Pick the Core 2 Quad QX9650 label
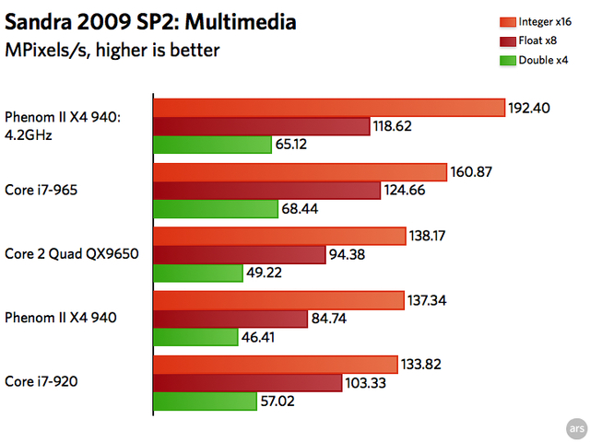tap(71, 252)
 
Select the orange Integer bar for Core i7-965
tap(300, 172)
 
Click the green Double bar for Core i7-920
tap(205, 401)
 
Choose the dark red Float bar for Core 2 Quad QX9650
tap(239, 254)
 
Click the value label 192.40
tap(529, 108)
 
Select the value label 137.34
tap(430, 300)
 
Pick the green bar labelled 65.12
tap(211, 145)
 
